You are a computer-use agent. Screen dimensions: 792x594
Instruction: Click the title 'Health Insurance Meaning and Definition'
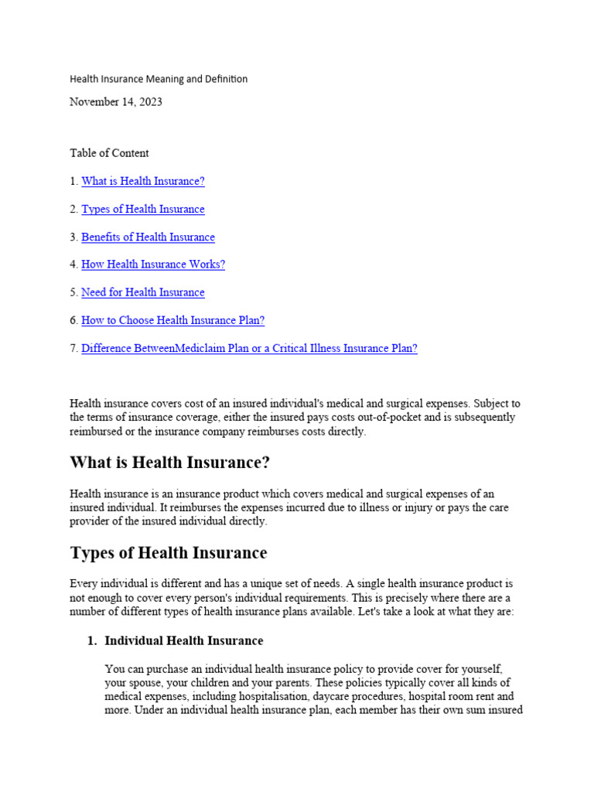point(159,79)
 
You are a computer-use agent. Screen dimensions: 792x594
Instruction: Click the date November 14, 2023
point(116,102)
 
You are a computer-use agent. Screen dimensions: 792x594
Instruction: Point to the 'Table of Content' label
point(109,153)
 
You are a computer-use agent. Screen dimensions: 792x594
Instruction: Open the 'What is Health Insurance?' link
point(143,181)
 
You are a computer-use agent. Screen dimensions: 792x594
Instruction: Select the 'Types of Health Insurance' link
point(143,209)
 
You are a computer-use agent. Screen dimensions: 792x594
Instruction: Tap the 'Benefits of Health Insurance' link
point(148,237)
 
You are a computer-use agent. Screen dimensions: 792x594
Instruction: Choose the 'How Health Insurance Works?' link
point(153,265)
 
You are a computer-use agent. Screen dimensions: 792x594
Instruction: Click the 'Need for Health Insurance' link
point(143,292)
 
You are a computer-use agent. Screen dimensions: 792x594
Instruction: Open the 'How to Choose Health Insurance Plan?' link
point(172,320)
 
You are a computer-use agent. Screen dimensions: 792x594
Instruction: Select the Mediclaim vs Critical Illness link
point(249,348)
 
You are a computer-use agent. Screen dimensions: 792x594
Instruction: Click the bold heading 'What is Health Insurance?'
point(169,463)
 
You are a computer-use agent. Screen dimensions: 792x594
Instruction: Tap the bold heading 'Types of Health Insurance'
point(169,553)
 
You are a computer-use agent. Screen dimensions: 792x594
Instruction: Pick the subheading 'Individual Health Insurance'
point(183,641)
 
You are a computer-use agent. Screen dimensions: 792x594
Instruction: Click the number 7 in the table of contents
point(73,348)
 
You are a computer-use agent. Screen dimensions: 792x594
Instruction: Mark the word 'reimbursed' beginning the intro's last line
point(97,432)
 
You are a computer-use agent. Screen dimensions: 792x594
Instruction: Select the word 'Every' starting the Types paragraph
point(84,584)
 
